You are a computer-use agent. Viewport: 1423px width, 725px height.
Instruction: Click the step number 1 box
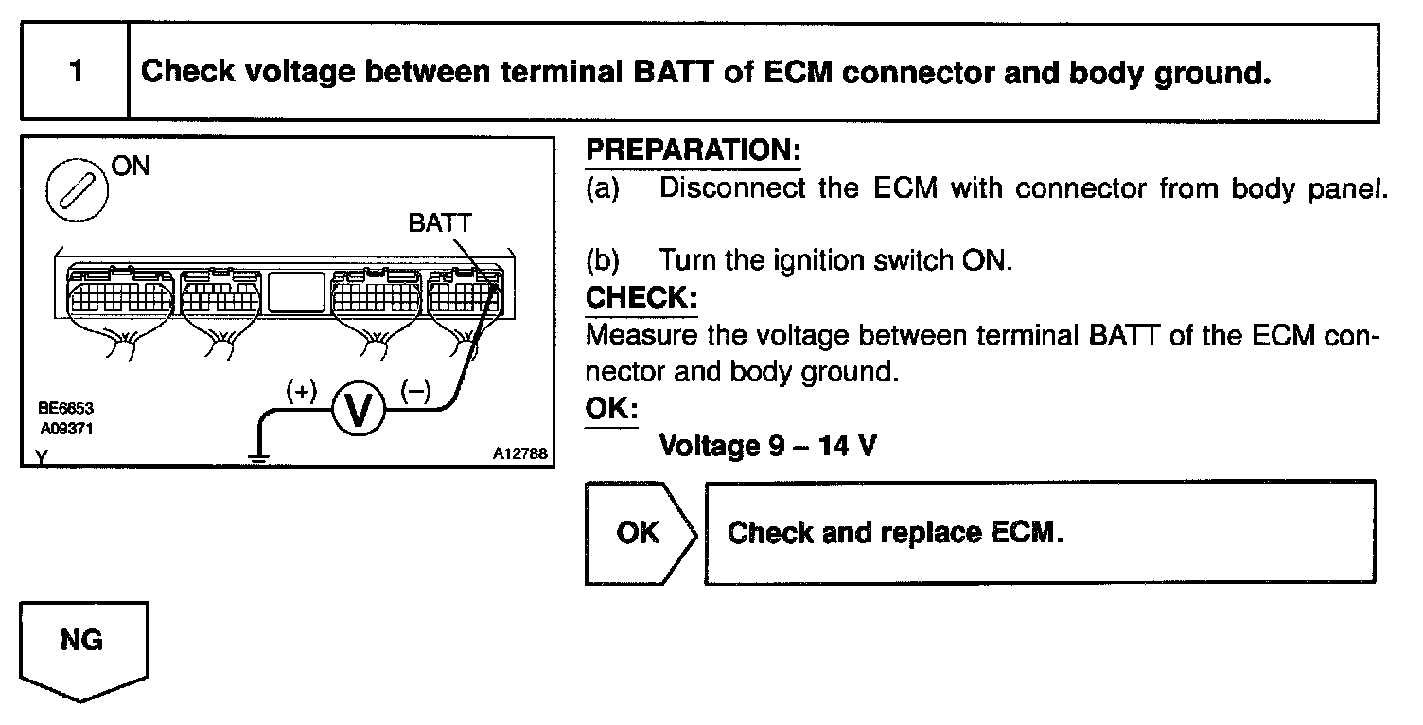click(75, 73)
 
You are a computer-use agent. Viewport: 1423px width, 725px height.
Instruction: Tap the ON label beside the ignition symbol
click(130, 166)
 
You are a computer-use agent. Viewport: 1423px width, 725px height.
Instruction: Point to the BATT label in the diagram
click(439, 223)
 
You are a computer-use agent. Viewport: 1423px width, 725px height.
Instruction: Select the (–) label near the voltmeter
click(415, 389)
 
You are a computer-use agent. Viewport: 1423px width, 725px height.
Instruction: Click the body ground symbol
click(257, 456)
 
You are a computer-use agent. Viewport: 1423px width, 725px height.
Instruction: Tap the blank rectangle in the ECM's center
click(297, 292)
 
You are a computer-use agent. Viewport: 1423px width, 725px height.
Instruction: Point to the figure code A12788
click(519, 453)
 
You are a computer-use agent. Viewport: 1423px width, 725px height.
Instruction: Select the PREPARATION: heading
click(693, 150)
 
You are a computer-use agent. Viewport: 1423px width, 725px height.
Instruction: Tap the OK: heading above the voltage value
click(611, 409)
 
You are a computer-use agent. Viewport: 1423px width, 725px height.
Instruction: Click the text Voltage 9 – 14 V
click(766, 445)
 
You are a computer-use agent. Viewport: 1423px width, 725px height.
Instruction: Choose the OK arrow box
click(640, 533)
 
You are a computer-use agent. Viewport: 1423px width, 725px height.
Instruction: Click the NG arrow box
click(83, 647)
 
